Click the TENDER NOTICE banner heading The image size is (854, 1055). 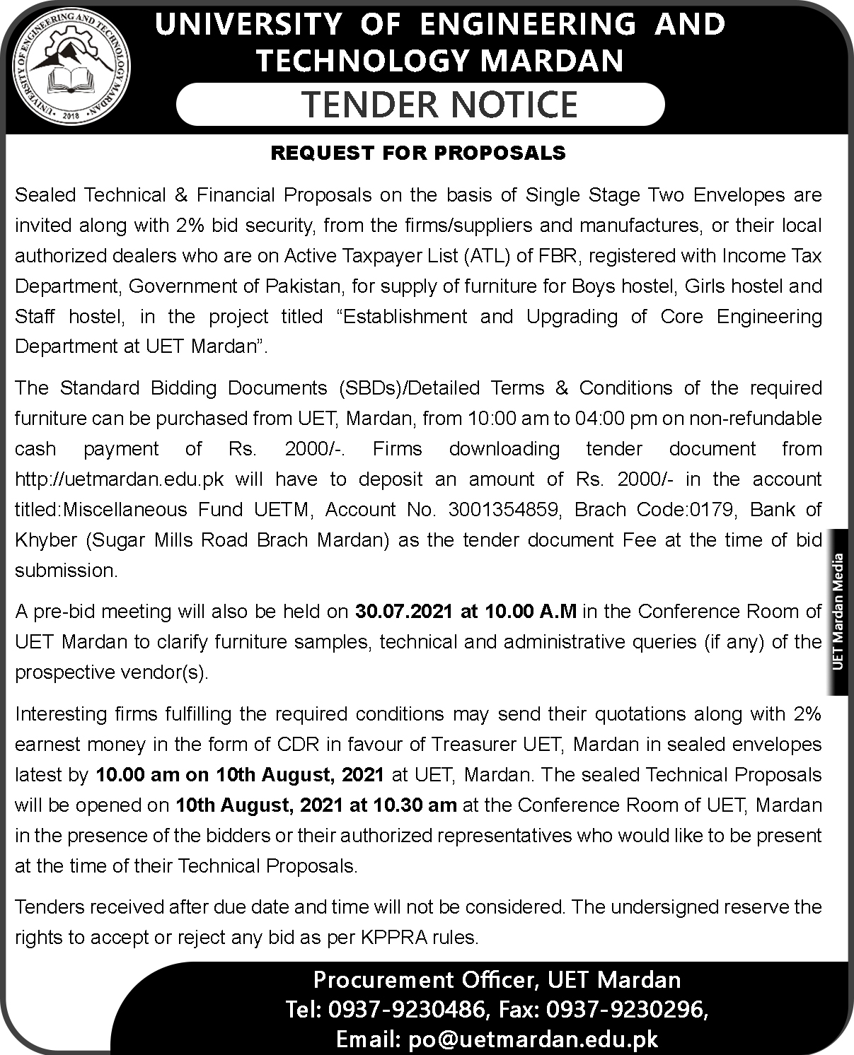pos(440,105)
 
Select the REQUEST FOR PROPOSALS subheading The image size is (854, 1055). pos(418,153)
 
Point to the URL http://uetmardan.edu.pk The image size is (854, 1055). pos(120,479)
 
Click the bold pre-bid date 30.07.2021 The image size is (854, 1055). pos(403,611)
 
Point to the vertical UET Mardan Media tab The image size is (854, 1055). pos(839,611)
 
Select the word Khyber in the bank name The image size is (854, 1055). pos(45,540)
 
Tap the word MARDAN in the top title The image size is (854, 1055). pos(551,61)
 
